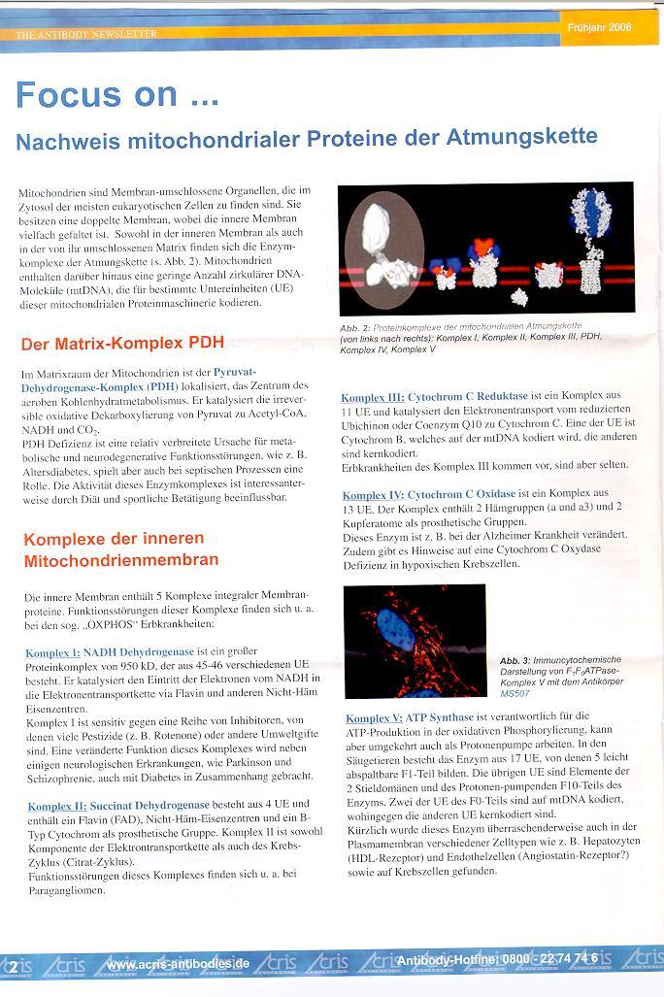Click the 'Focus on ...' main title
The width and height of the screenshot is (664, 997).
117,95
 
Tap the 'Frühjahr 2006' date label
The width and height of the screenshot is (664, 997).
599,28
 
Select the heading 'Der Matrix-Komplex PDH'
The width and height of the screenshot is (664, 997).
122,344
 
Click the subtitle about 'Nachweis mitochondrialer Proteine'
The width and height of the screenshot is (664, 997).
306,139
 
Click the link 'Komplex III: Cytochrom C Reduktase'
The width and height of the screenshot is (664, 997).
435,397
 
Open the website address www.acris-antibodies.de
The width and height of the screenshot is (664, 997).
178,964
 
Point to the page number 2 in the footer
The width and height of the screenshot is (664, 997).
13,966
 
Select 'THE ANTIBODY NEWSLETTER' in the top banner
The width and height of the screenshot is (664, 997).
86,34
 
